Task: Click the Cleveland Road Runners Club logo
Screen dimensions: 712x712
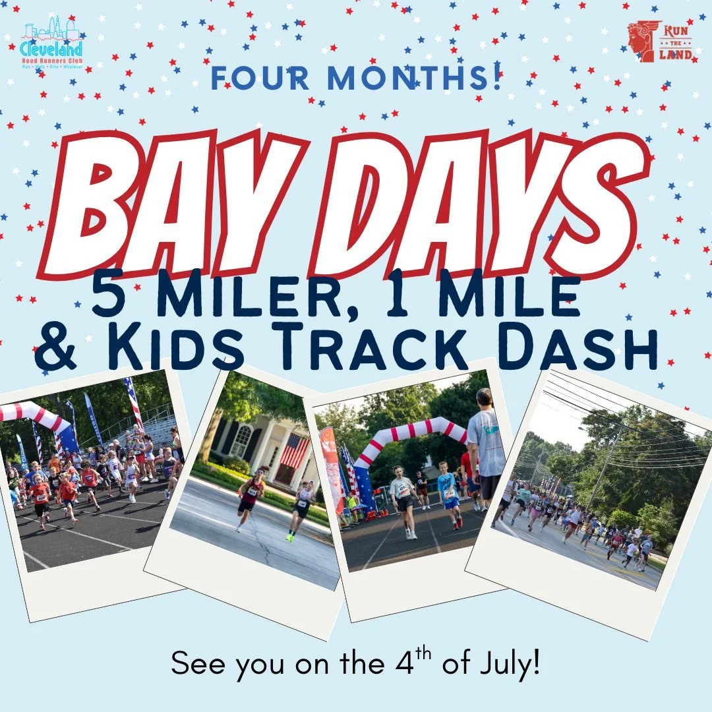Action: coord(51,43)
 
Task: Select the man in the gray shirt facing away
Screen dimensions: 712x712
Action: coord(487,448)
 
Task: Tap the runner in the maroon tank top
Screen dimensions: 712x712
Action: coord(251,497)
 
